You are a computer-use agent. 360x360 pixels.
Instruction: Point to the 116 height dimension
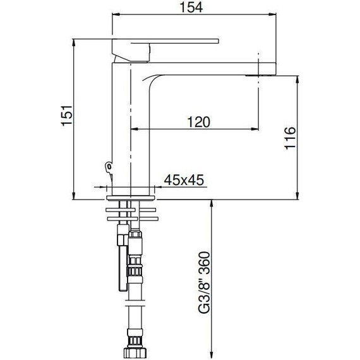[x=289, y=138]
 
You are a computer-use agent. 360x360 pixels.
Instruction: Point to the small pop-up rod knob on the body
[x=108, y=167]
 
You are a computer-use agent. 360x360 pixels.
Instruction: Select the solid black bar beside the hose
[x=119, y=265]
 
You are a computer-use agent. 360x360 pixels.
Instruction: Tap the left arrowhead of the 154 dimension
[x=115, y=17]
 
